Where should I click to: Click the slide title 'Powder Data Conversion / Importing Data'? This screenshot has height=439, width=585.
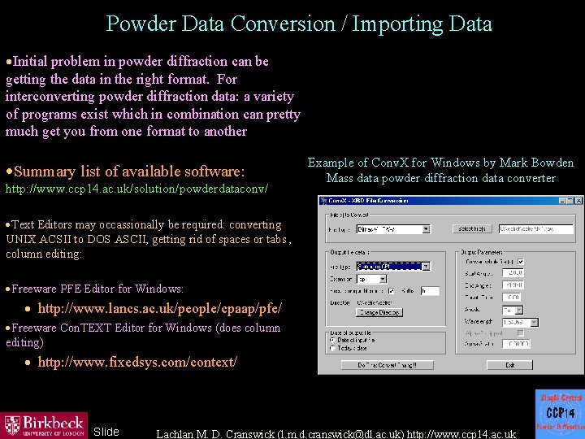pos(299,24)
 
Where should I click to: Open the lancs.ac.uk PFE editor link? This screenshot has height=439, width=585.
pos(160,309)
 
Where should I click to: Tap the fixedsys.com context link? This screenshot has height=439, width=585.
pos(137,362)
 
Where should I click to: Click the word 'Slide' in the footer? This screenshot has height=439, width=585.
pos(106,432)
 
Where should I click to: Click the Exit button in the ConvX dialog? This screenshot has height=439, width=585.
pos(509,366)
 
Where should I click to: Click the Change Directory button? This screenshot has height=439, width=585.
pos(379,313)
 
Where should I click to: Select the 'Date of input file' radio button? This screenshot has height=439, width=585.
pos(333,341)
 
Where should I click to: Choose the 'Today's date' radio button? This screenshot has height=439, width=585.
pos(333,349)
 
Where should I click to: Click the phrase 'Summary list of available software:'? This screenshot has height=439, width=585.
pos(129,172)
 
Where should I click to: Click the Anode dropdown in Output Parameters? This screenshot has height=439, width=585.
pos(512,310)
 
